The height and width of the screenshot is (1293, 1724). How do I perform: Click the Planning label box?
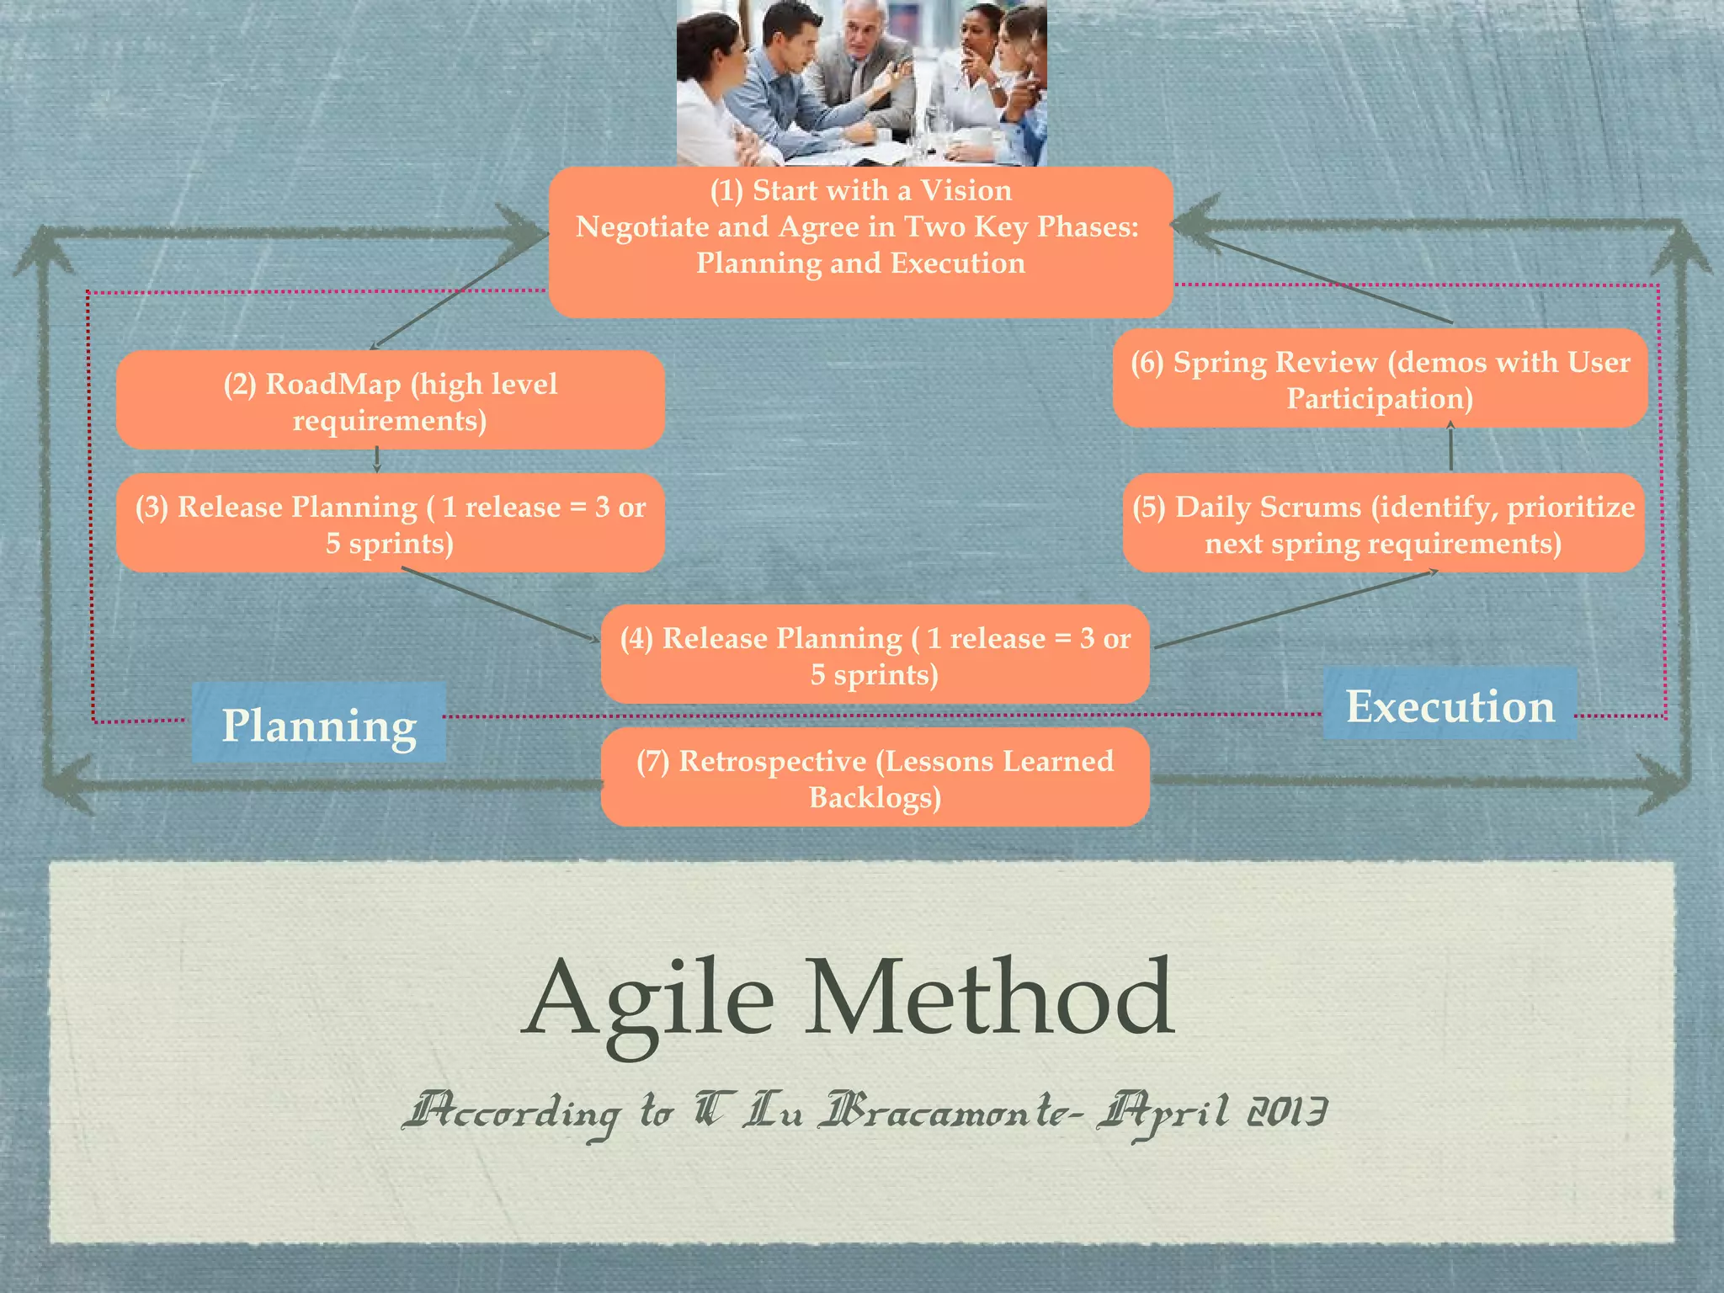tap(319, 724)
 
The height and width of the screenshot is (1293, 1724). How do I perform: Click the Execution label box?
tap(1450, 705)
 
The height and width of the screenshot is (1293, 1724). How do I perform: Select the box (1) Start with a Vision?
tap(860, 242)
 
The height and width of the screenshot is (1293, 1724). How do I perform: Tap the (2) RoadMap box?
tap(390, 401)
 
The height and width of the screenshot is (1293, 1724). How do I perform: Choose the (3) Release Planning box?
tap(390, 524)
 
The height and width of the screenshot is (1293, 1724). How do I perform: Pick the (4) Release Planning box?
tap(875, 655)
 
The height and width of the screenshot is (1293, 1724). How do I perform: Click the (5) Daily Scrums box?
tap(1383, 524)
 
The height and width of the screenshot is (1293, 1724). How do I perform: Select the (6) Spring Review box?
tap(1380, 379)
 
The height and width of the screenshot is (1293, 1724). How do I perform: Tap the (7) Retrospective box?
tap(875, 778)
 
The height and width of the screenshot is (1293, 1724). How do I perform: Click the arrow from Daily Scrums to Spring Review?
tap(1450, 449)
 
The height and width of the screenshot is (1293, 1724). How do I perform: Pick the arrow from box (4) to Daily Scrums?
tap(1296, 609)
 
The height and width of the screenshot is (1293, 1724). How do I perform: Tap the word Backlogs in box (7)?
tap(875, 797)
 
